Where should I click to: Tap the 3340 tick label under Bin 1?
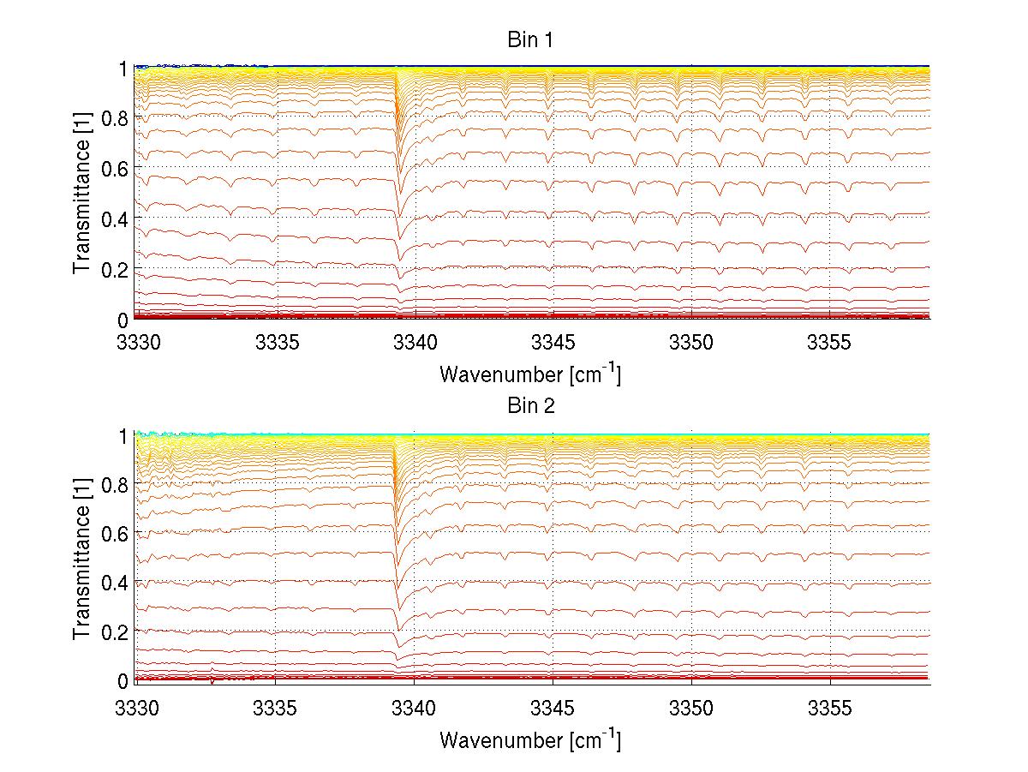click(415, 343)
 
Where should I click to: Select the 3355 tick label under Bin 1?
click(830, 343)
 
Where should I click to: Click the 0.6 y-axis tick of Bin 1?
click(116, 168)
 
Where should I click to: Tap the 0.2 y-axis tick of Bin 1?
click(116, 269)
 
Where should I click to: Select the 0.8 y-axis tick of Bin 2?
click(116, 484)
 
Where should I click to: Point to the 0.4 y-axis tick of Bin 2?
click(116, 583)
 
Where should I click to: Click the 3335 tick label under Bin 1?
click(277, 343)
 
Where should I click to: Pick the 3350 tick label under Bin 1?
click(692, 343)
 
